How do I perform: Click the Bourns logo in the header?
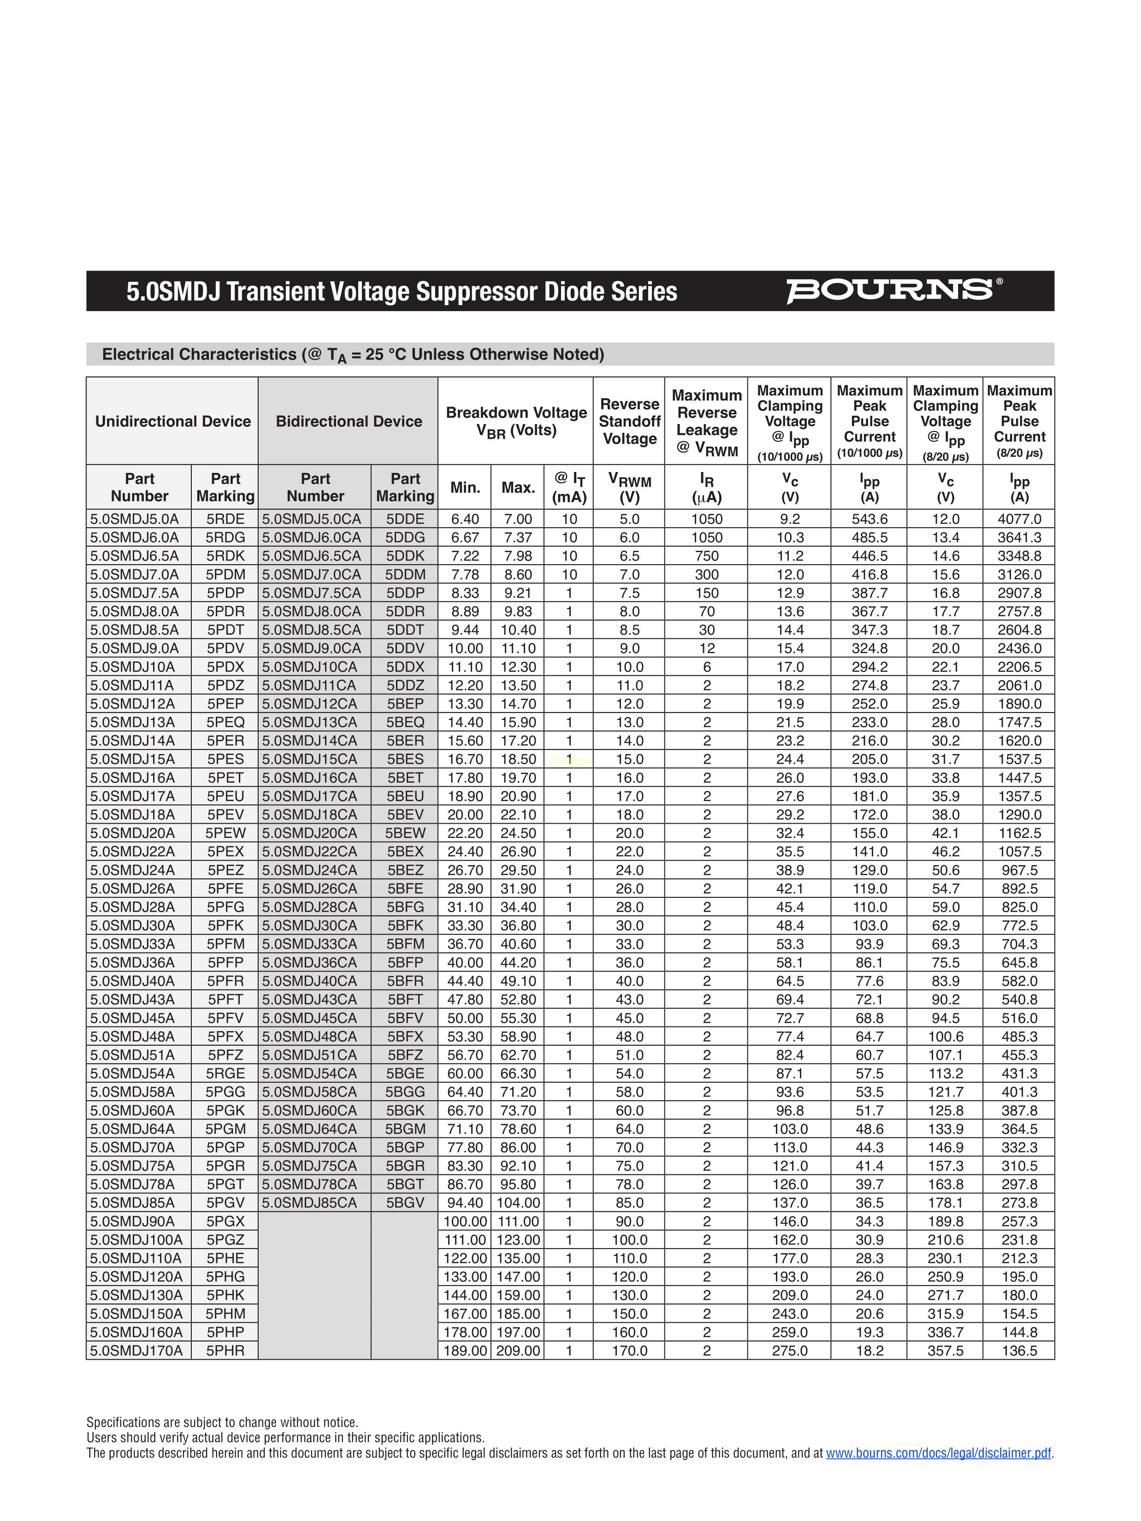coord(893,290)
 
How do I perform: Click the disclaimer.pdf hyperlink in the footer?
coord(938,1453)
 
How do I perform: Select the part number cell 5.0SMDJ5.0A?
coord(134,519)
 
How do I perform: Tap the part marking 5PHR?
coord(225,1350)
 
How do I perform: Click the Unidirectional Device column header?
coord(172,422)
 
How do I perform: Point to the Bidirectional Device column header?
coord(349,422)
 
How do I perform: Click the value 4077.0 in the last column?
coord(1019,519)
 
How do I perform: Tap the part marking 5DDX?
coord(405,667)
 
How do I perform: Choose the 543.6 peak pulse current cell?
coord(869,519)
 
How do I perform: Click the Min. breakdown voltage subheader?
coord(465,488)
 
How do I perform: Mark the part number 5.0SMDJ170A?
coord(136,1350)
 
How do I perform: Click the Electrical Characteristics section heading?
coord(353,355)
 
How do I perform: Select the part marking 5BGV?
coord(405,1203)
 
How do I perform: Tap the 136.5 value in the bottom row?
coord(1019,1350)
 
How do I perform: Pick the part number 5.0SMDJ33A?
coord(133,944)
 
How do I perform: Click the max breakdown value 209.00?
coord(518,1350)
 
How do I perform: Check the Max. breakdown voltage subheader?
coord(518,488)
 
